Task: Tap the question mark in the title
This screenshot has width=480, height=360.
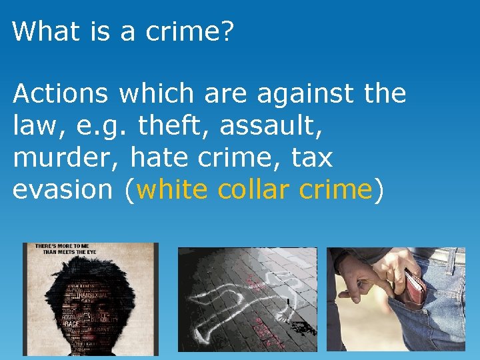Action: (226, 31)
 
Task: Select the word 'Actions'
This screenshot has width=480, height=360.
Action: (60, 94)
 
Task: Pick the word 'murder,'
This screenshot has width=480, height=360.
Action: (67, 158)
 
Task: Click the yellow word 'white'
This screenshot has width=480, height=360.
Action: (172, 190)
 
